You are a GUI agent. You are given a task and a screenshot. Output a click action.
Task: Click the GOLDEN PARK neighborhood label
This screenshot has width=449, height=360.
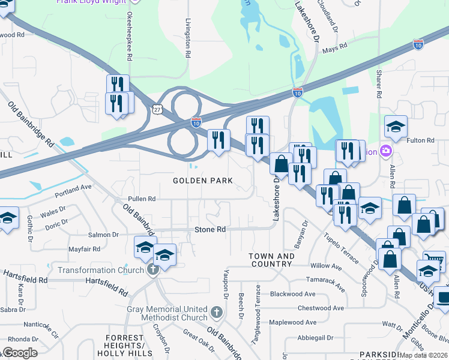pyautogui.click(x=202, y=181)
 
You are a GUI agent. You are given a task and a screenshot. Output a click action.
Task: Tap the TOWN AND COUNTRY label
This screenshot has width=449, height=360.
pyautogui.click(x=272, y=260)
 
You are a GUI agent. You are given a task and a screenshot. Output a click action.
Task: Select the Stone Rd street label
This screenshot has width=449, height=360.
pyautogui.click(x=209, y=230)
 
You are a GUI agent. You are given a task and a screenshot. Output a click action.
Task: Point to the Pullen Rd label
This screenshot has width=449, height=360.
pyautogui.click(x=141, y=199)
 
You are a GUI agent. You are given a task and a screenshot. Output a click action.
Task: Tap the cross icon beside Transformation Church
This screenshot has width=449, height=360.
pyautogui.click(x=153, y=269)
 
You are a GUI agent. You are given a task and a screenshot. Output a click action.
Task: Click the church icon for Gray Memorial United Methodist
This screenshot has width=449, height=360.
pyautogui.click(x=217, y=313)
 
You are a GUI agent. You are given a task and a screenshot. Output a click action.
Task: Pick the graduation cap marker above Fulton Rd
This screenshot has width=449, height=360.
pyautogui.click(x=396, y=126)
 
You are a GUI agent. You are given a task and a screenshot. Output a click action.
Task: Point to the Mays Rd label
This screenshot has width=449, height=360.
pyautogui.click(x=335, y=47)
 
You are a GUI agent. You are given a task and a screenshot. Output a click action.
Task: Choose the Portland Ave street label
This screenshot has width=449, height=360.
pyautogui.click(x=73, y=187)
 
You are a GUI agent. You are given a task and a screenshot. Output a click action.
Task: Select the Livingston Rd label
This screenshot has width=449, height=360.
pyautogui.click(x=188, y=37)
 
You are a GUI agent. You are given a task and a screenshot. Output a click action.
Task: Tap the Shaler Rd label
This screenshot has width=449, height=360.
pyautogui.click(x=379, y=83)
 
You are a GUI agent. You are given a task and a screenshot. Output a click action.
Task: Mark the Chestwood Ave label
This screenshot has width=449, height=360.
pyautogui.click(x=322, y=308)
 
